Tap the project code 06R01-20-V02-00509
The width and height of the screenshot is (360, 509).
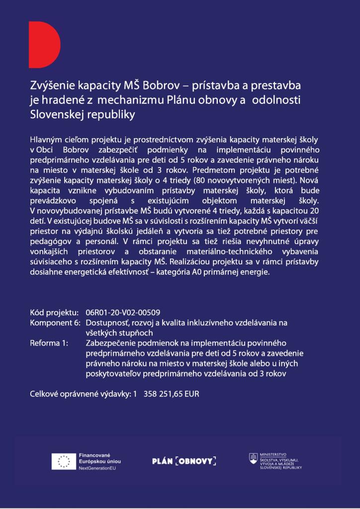123,313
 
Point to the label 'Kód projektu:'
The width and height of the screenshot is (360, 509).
54,313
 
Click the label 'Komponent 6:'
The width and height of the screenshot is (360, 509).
55,323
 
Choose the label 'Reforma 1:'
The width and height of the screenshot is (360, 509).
50,343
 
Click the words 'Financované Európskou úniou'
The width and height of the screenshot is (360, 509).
99,458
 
